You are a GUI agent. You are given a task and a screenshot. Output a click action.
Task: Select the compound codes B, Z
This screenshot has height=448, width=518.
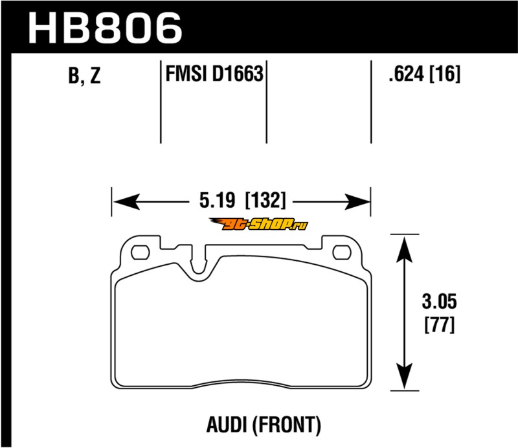coord(84,75)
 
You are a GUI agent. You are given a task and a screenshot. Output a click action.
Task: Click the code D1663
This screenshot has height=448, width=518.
coord(238,73)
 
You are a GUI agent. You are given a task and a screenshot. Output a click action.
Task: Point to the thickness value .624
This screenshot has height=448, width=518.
coord(407,73)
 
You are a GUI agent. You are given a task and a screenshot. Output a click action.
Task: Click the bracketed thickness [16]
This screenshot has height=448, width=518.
coord(444,73)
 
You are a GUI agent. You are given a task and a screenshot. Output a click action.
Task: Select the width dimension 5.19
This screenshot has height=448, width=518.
coord(217,200)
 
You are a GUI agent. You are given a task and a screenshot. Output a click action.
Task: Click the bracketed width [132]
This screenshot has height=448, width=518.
coord(265,200)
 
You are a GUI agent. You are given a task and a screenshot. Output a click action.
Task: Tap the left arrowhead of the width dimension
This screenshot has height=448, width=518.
coord(126,201)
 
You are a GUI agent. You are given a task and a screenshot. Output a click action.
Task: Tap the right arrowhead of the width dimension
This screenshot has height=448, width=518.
coord(357,201)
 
